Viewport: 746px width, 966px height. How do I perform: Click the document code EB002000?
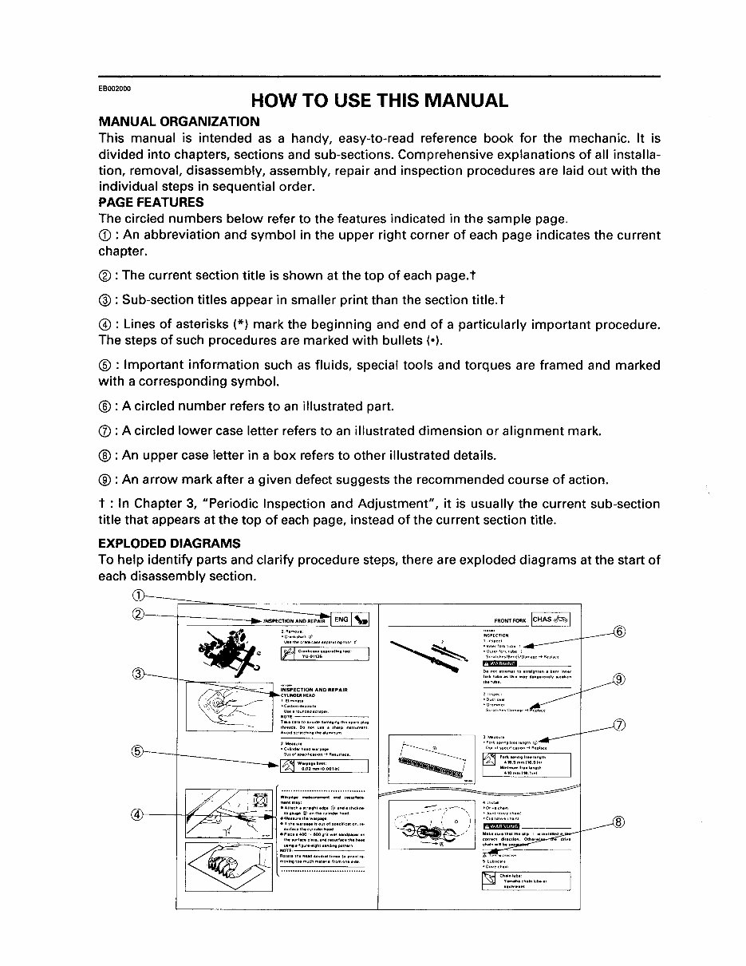tap(115, 88)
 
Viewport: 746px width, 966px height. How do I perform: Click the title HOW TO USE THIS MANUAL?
tap(379, 101)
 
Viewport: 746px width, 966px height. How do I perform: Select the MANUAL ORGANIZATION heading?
tap(179, 122)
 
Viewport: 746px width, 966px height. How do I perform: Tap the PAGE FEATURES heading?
tap(151, 203)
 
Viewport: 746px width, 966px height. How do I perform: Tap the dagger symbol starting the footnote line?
tap(101, 504)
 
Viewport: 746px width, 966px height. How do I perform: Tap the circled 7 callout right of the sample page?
tap(619, 725)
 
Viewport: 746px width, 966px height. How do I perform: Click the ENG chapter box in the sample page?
tap(341, 619)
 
